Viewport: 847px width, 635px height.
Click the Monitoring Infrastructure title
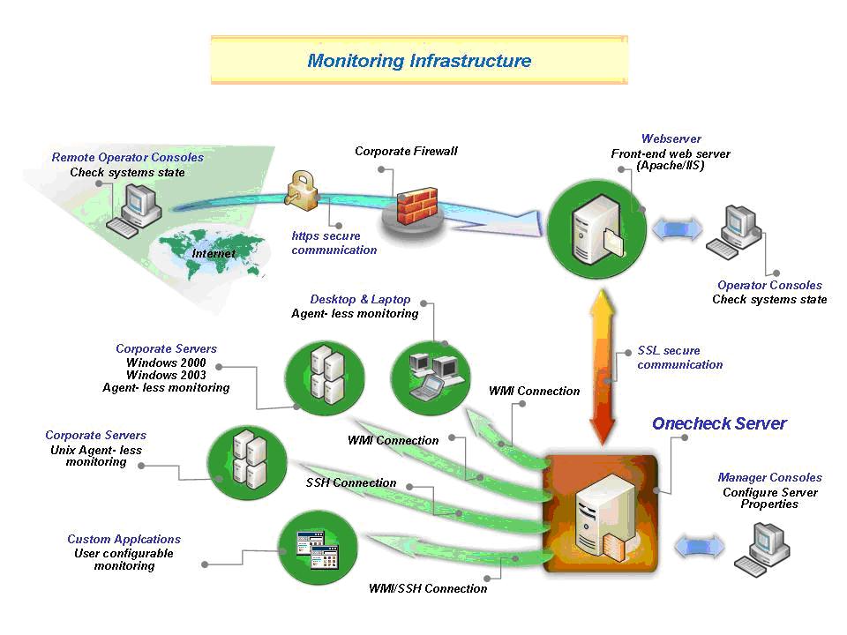(419, 61)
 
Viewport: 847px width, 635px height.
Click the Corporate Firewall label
(406, 151)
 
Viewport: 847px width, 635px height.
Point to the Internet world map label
(214, 254)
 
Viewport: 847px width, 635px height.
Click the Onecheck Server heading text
(719, 423)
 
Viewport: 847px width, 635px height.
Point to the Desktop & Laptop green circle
(425, 377)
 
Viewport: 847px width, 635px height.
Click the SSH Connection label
(351, 483)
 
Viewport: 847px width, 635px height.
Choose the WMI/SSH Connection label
(428, 588)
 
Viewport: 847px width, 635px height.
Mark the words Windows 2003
(166, 375)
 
